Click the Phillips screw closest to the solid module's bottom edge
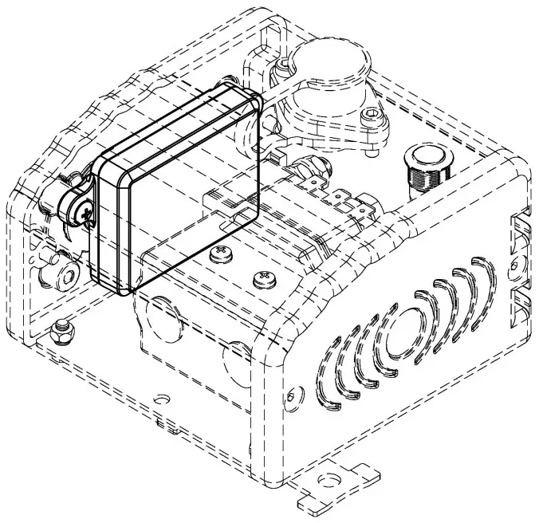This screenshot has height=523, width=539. (x=218, y=254)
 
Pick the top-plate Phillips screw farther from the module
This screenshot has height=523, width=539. (x=262, y=279)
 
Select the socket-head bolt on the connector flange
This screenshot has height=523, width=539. (x=374, y=119)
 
